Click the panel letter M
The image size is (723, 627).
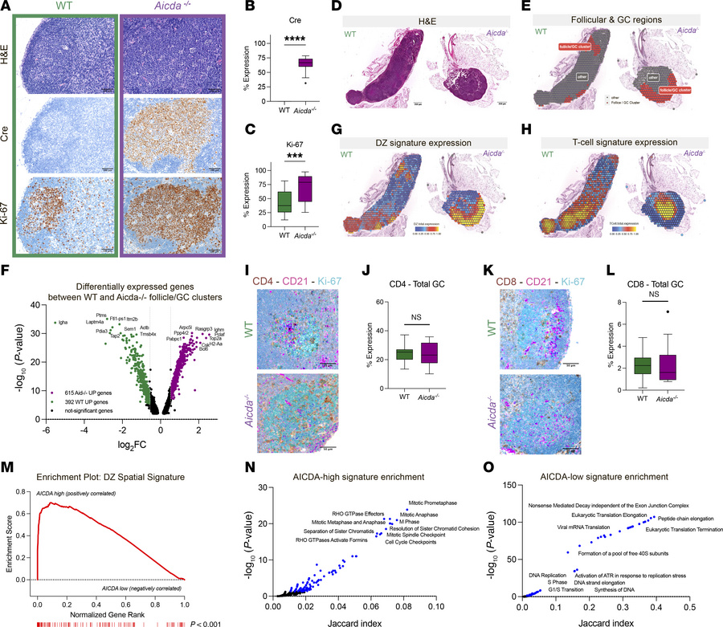coord(7,455)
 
